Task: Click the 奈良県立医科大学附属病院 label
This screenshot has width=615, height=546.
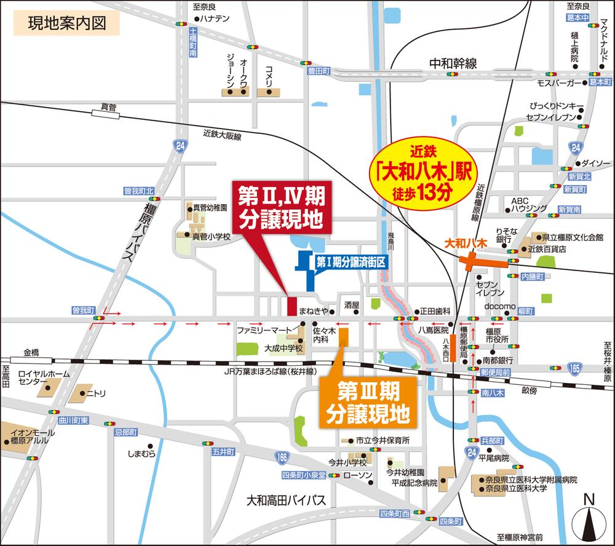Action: [x=531, y=480]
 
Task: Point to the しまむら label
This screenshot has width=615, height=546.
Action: [x=141, y=454]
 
